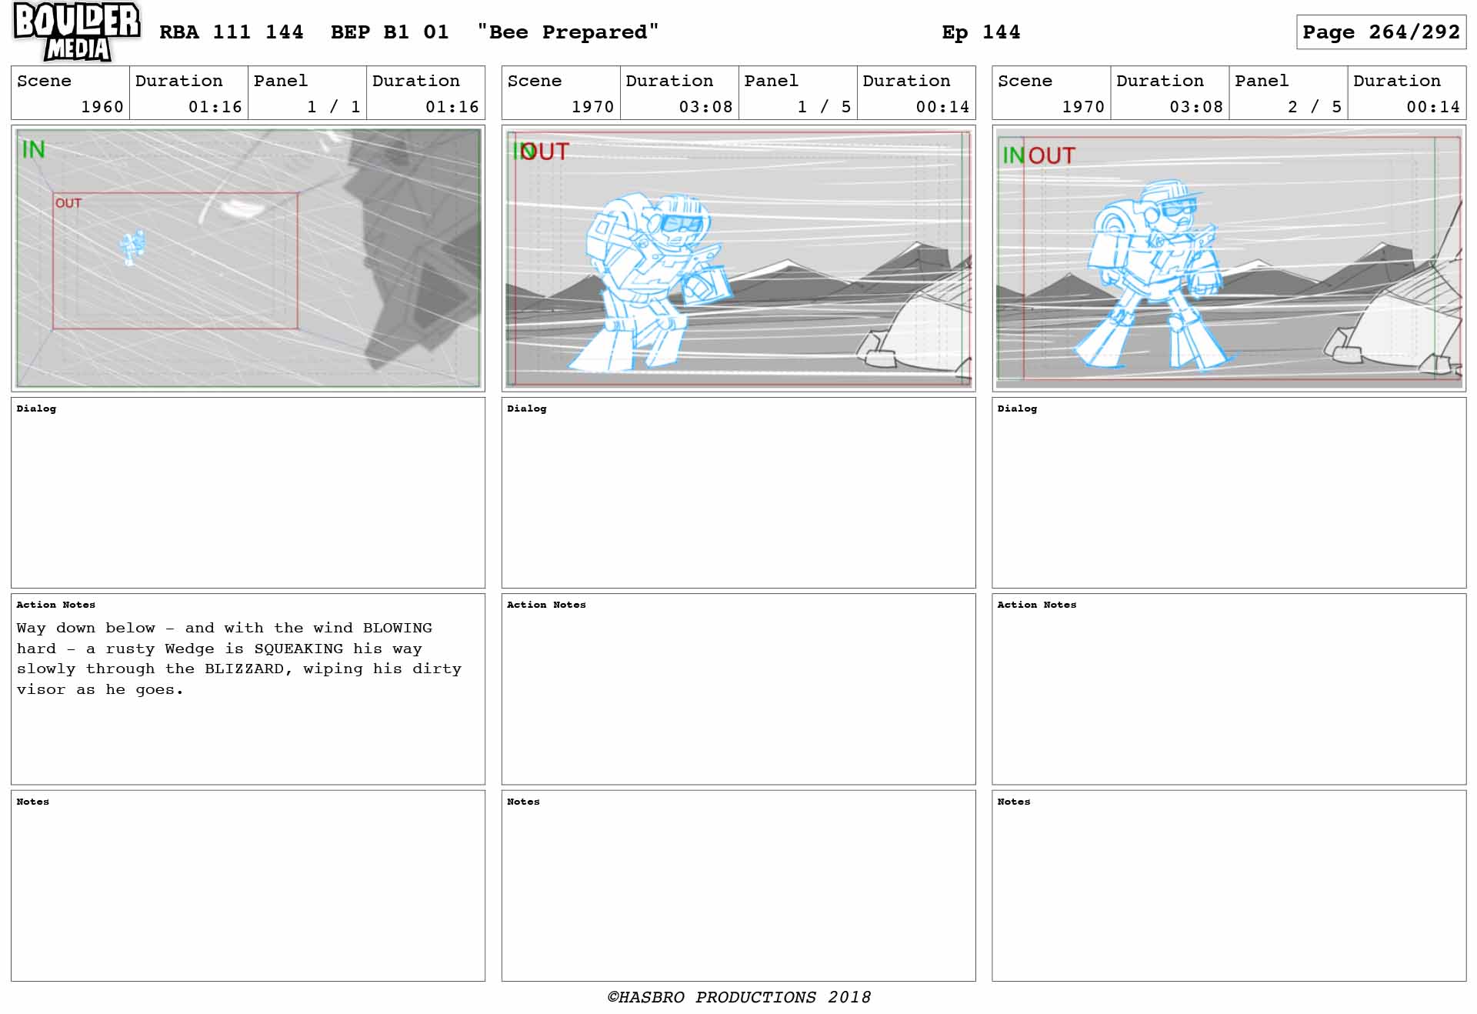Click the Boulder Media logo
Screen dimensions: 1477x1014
[77, 32]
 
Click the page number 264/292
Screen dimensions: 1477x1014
[1414, 32]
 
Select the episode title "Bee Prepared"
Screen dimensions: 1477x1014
[568, 32]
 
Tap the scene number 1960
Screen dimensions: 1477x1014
[102, 107]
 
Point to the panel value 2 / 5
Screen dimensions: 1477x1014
[1315, 107]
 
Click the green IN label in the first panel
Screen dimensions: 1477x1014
[33, 149]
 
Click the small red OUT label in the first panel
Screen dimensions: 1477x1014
[68, 203]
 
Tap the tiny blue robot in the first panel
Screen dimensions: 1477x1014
[132, 247]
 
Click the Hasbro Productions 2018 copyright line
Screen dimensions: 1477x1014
[738, 997]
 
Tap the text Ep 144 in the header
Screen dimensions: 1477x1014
[981, 32]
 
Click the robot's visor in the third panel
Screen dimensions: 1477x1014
[1179, 208]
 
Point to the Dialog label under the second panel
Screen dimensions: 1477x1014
[527, 409]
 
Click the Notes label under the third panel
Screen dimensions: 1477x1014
[1013, 802]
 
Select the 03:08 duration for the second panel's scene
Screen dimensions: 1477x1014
[705, 107]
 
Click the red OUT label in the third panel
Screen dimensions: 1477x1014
[1052, 155]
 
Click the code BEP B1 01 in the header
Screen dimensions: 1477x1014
[389, 32]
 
